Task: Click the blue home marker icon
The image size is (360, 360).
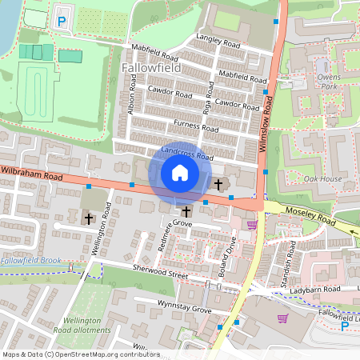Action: (180, 172)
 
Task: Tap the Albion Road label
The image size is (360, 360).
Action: (133, 97)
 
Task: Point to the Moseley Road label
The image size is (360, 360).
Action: (309, 215)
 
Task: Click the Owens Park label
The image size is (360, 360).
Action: (329, 81)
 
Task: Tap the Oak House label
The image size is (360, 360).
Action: (322, 178)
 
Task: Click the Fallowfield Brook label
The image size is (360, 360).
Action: (30, 261)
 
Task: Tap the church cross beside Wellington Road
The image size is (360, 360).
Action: (88, 218)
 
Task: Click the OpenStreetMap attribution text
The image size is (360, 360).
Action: (80, 354)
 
